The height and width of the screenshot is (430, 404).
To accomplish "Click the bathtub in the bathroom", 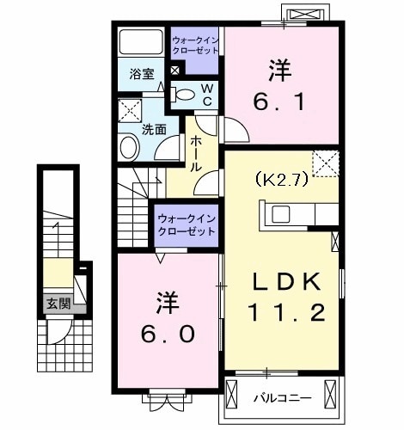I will [x=142, y=43].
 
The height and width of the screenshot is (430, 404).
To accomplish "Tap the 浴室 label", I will [x=142, y=74].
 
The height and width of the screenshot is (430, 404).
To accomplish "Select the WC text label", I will [x=207, y=94].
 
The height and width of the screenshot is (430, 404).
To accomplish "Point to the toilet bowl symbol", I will [x=184, y=94].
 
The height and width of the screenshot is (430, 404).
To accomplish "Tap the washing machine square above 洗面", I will [x=129, y=112].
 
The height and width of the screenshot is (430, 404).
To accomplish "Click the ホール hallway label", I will [x=197, y=152].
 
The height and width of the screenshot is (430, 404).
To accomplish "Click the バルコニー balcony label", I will [x=276, y=397].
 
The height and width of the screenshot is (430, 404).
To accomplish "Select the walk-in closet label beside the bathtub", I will [x=195, y=46].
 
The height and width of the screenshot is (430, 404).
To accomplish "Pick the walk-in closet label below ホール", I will [x=186, y=225].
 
